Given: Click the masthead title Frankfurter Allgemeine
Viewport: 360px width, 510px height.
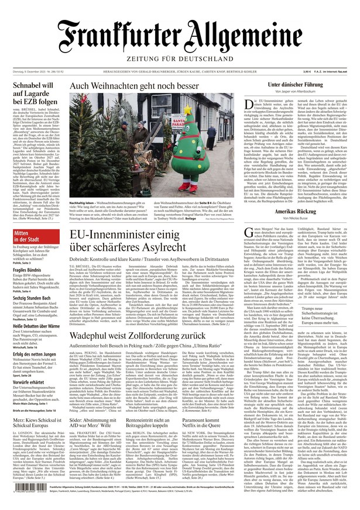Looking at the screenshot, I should (180, 37).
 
